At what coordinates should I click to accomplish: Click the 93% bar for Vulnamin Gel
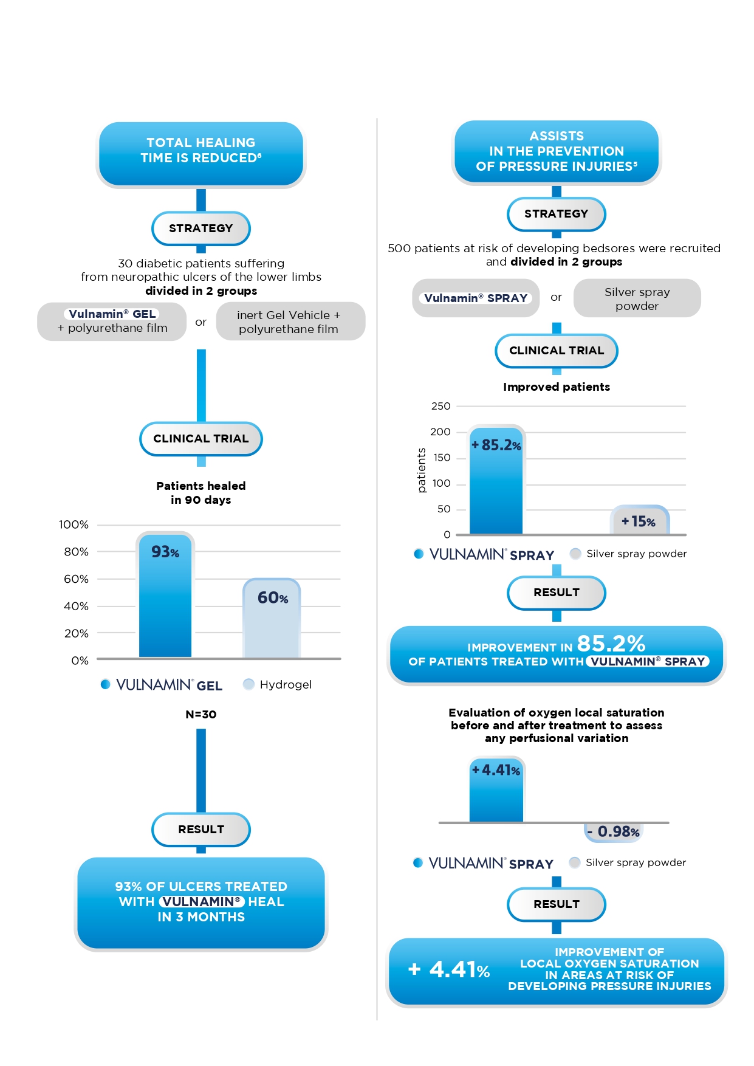point(165,596)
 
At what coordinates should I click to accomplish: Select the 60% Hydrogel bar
point(272,619)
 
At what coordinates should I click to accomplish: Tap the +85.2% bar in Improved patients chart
point(496,481)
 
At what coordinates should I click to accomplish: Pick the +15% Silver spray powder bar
point(639,521)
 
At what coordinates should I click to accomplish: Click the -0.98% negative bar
point(613,831)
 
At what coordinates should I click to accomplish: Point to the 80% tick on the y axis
point(76,552)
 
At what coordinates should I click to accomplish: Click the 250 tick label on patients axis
point(441,406)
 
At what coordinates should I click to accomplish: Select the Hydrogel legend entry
point(278,684)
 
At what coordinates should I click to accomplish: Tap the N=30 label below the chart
point(201,714)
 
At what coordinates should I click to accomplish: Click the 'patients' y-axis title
point(422,470)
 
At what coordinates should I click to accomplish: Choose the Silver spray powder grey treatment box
point(637,298)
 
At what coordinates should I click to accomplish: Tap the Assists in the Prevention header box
point(557,151)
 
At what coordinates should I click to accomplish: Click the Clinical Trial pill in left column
point(201,439)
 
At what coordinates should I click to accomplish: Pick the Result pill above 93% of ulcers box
point(201,830)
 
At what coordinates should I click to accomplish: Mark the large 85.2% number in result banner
point(611,643)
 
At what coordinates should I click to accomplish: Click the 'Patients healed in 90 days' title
point(201,493)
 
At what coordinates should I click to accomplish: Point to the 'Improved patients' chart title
point(557,387)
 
